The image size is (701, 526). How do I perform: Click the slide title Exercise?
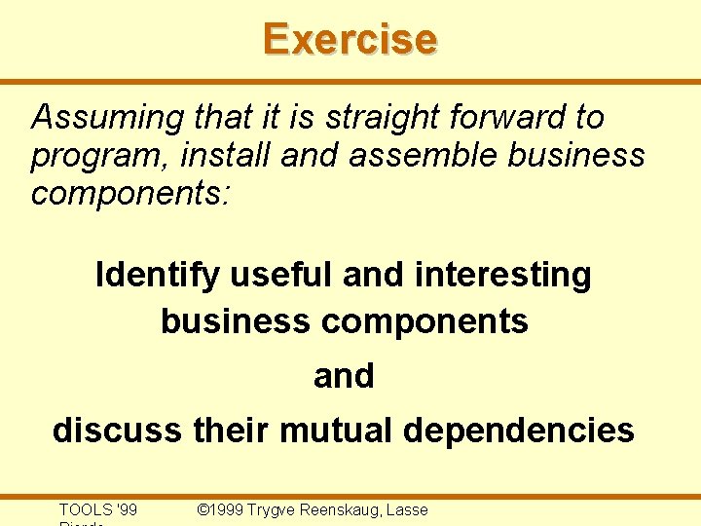coord(350,39)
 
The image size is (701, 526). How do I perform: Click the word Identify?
coord(157,276)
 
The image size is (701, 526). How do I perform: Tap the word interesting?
coord(502,276)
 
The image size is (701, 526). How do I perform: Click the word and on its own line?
coord(344,376)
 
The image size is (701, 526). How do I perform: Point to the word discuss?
coord(117,430)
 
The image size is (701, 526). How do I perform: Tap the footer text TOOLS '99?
coord(98,509)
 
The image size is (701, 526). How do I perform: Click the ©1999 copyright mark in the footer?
coord(220,509)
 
